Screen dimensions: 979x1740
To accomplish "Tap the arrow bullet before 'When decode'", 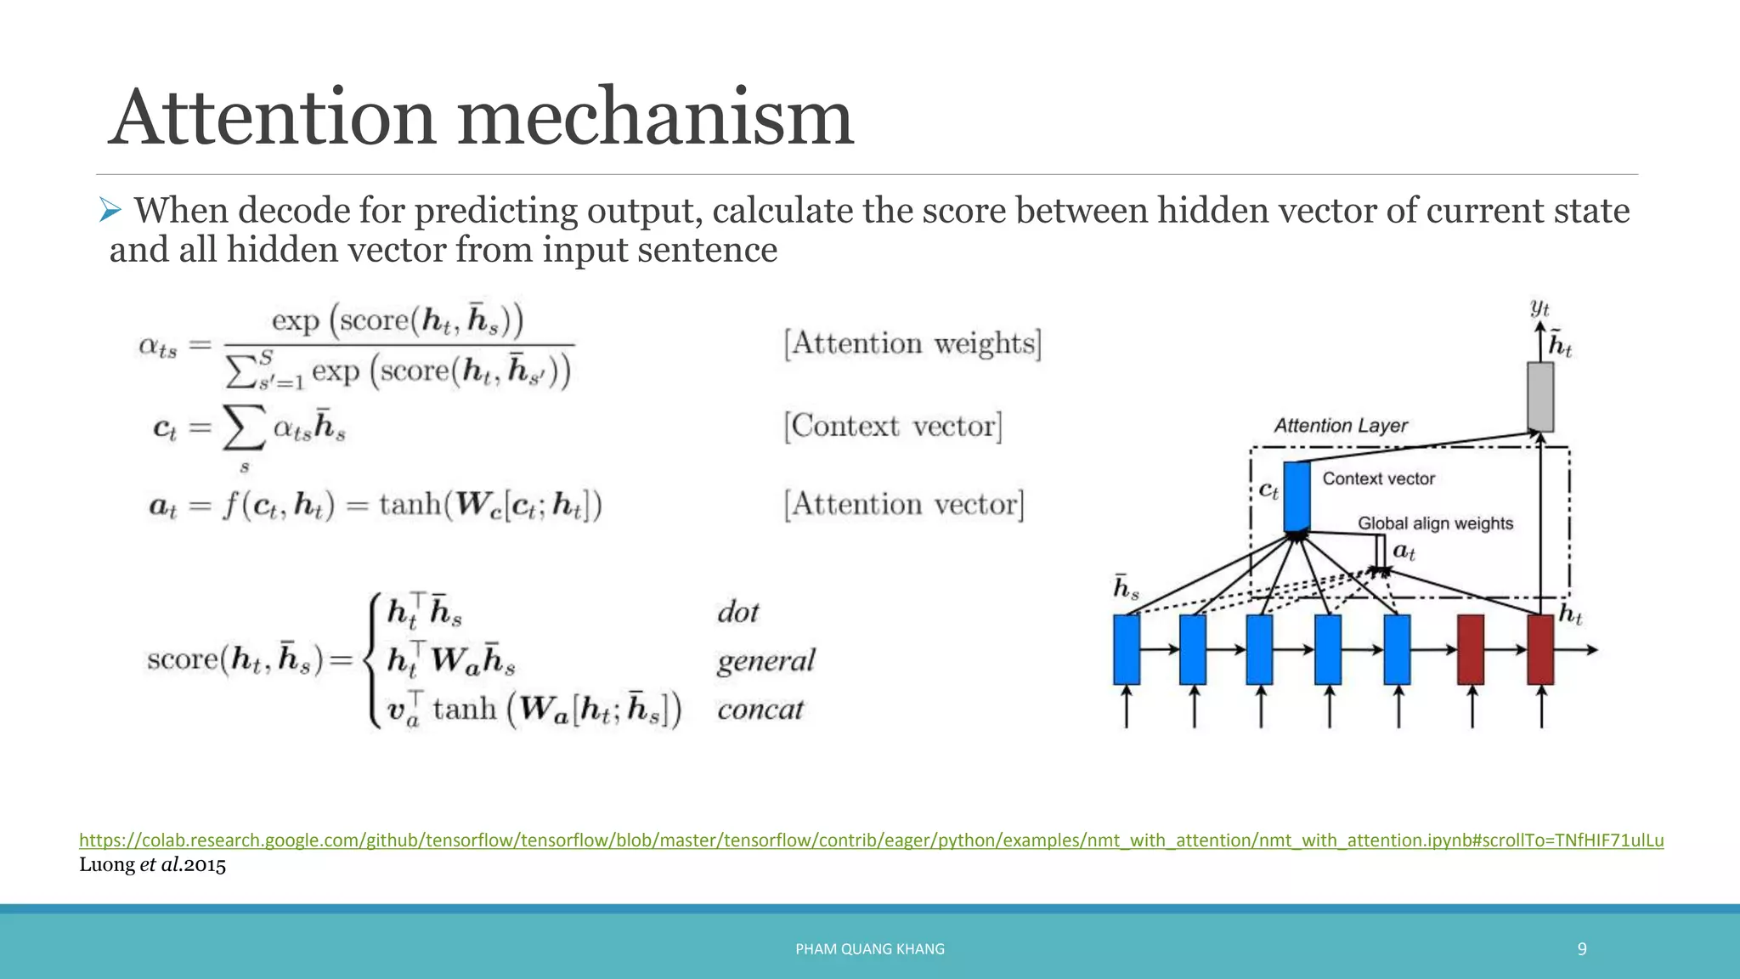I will [110, 209].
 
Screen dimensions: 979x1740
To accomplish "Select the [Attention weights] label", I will [912, 343].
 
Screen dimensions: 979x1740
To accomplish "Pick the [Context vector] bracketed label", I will [893, 426].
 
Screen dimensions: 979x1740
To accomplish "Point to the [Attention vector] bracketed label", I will [904, 504].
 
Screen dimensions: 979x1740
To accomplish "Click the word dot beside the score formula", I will [737, 612].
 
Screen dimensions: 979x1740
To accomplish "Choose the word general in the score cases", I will [765, 660].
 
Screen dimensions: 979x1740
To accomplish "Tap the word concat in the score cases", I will [760, 710].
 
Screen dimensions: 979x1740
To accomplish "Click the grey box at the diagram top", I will [1540, 397].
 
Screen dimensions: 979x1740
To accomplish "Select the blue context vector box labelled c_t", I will [1297, 496].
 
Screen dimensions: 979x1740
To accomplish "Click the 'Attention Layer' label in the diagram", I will [1341, 426].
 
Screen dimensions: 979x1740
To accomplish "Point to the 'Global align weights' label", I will [1435, 523].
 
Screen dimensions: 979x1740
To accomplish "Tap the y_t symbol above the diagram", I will [1539, 308].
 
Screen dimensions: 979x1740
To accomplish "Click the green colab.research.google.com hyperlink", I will [871, 840].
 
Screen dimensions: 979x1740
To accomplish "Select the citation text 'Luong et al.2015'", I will [153, 865].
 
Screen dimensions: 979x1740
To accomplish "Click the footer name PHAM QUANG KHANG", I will [870, 949].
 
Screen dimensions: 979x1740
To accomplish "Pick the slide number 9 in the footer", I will [1582, 949].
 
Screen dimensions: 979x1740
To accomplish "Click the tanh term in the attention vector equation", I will [410, 505].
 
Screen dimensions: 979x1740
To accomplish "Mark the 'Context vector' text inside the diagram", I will [1378, 478].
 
